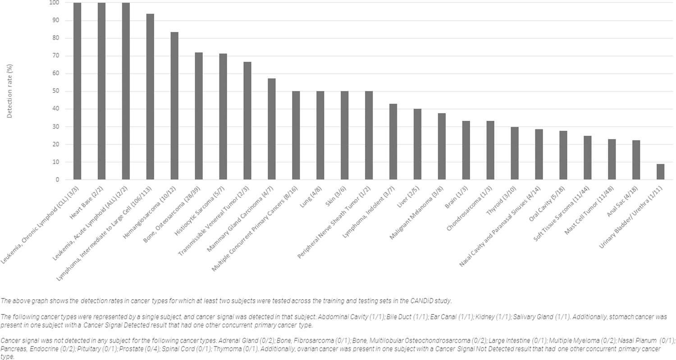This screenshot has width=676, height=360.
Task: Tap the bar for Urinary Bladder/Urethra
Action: [x=660, y=172]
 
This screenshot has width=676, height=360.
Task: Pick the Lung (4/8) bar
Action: [x=320, y=135]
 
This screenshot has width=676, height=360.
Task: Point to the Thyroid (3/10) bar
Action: [x=515, y=153]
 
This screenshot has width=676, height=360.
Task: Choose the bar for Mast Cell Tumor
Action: [x=612, y=159]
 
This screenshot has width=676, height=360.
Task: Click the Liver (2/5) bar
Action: [x=417, y=144]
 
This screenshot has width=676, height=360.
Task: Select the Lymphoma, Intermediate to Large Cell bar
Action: [x=150, y=96]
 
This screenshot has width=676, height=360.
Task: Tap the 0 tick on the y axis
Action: [x=57, y=179]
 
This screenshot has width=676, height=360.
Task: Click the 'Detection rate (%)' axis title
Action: [x=10, y=91]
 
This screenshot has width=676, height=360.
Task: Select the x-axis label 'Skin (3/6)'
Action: [x=334, y=193]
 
